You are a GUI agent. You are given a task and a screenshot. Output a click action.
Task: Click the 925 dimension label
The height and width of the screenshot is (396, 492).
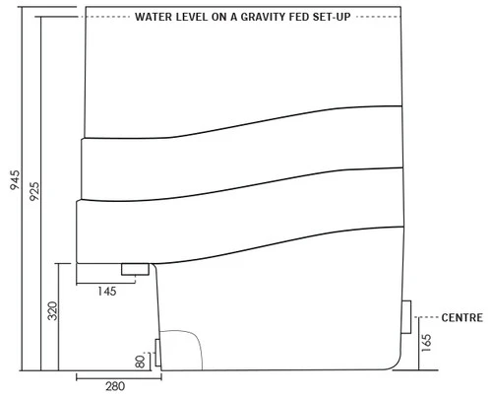tap(34, 191)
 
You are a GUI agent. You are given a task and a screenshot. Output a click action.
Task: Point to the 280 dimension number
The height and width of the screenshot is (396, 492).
tap(114, 385)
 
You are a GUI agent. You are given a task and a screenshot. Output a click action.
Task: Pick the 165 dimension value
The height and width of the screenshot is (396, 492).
tap(426, 344)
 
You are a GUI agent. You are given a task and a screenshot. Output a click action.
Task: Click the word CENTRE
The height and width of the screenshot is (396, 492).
tap(461, 317)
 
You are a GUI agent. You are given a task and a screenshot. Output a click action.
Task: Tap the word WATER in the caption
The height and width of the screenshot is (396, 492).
tap(154, 17)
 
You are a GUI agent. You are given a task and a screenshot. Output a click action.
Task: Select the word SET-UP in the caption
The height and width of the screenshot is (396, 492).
tap(333, 17)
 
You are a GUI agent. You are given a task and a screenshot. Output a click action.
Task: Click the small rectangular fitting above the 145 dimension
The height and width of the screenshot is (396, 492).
tap(134, 269)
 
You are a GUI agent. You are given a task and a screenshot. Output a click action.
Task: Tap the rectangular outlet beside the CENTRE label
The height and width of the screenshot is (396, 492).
tap(405, 316)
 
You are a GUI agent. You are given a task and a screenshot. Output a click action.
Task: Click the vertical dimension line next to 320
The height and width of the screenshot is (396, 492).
tap(62, 315)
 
